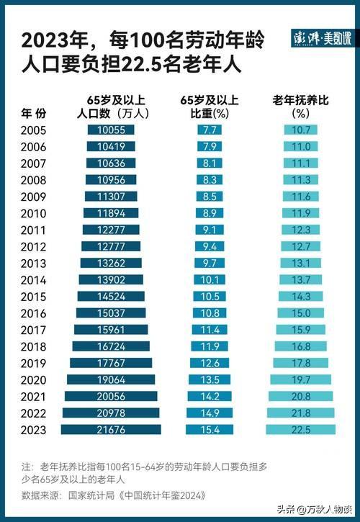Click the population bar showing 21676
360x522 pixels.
[111, 429]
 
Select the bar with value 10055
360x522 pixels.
[111, 130]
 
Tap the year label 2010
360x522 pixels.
[33, 213]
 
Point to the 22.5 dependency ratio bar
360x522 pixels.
[300, 429]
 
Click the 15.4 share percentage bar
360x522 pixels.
[210, 429]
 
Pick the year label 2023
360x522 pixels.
[33, 430]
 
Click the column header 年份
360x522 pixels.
[33, 113]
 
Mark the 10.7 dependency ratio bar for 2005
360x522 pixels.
[300, 130]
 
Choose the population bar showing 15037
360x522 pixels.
[111, 312]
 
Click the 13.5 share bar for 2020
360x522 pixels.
[210, 379]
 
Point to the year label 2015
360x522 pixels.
[33, 297]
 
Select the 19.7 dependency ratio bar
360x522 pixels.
[300, 379]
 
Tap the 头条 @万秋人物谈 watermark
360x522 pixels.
[315, 510]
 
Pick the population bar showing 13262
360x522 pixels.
[111, 263]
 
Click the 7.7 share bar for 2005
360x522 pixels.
[210, 130]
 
